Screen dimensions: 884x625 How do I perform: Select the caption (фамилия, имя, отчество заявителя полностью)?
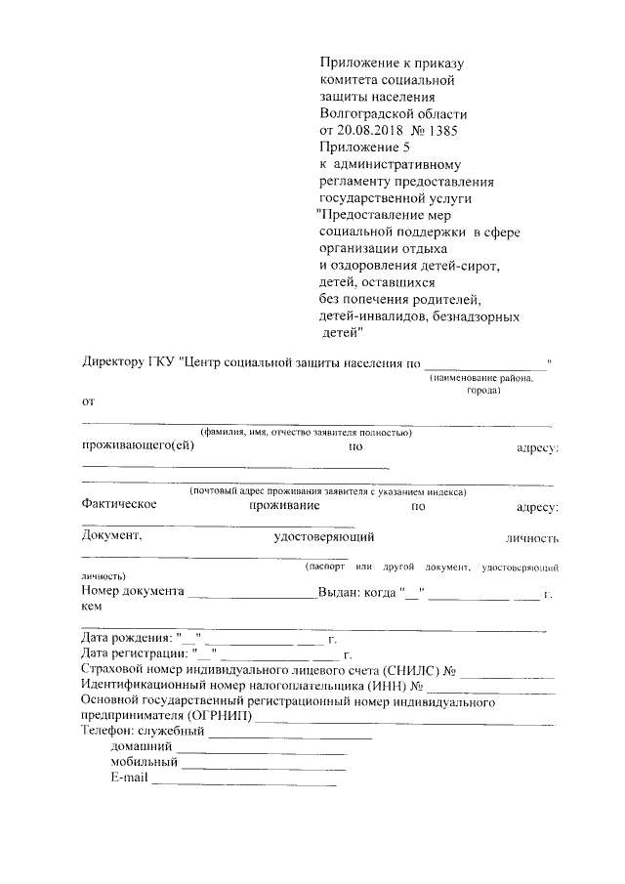point(306,432)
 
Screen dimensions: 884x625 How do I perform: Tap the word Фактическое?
point(120,506)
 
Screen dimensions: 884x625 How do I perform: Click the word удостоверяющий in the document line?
point(324,536)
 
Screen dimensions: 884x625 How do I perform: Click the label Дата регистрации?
point(135,653)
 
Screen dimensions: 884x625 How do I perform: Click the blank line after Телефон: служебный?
point(290,735)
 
